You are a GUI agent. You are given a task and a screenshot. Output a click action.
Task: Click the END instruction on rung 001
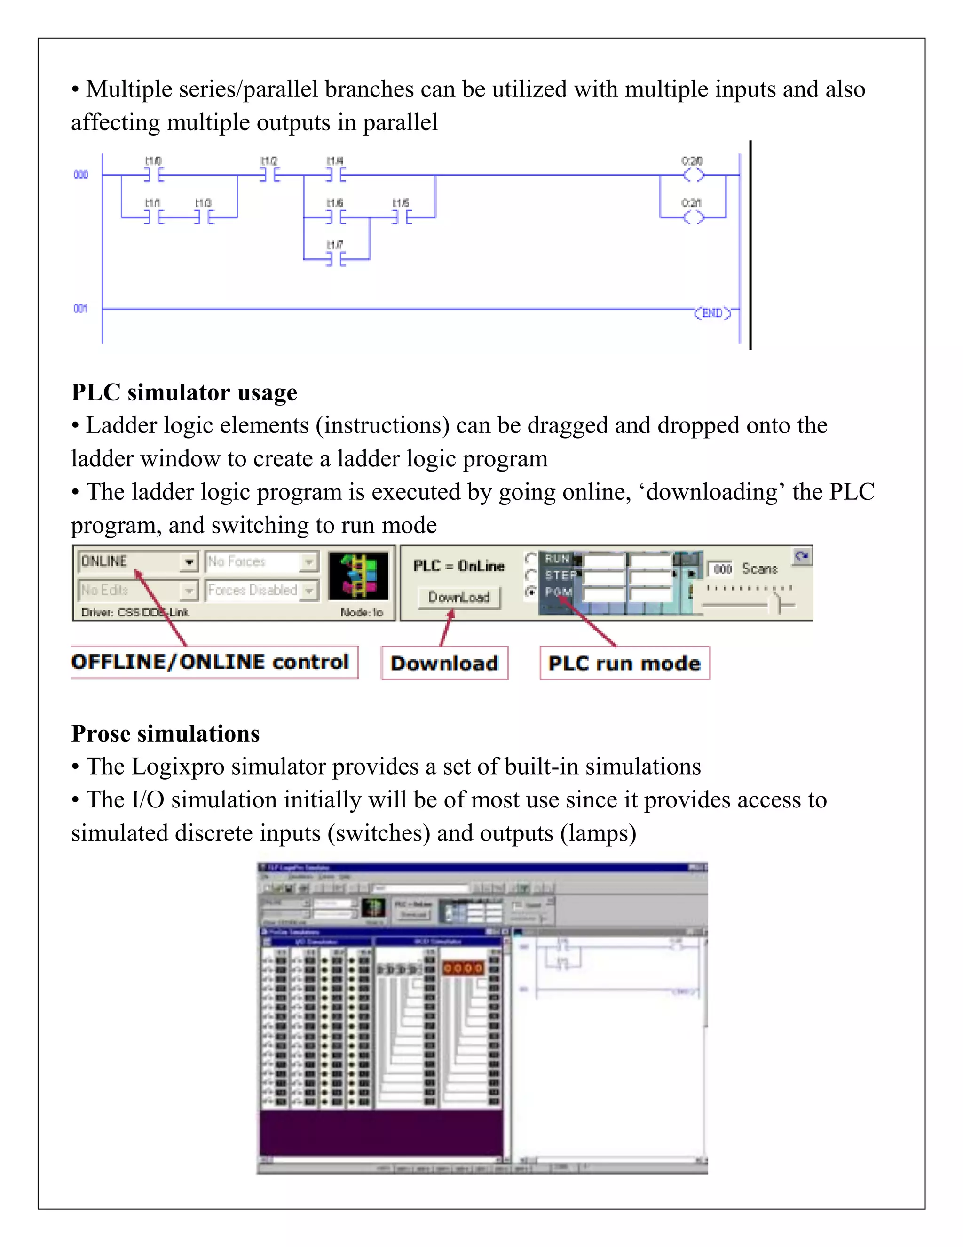coord(712,313)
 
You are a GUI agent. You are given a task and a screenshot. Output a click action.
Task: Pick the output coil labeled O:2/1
coord(693,217)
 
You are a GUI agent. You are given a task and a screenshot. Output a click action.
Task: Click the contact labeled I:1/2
coord(269,175)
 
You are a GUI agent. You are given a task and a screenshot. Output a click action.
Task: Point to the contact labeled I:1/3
coord(204,217)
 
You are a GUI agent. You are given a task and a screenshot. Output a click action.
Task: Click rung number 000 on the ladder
coord(80,175)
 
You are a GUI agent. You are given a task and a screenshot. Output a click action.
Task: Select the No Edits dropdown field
coord(137,590)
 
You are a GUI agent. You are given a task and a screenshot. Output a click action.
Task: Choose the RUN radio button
coord(530,558)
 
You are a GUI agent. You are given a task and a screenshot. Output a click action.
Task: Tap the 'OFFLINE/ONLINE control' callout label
coord(211,662)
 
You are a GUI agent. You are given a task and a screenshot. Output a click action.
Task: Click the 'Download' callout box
coord(444,663)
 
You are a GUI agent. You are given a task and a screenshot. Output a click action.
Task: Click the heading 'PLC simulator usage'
coord(184,392)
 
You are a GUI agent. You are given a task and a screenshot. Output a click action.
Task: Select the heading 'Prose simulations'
coord(165,733)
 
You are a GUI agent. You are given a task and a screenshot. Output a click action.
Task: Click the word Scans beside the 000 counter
coord(759,569)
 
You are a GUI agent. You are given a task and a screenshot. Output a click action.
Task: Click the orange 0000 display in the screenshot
coord(463,968)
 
